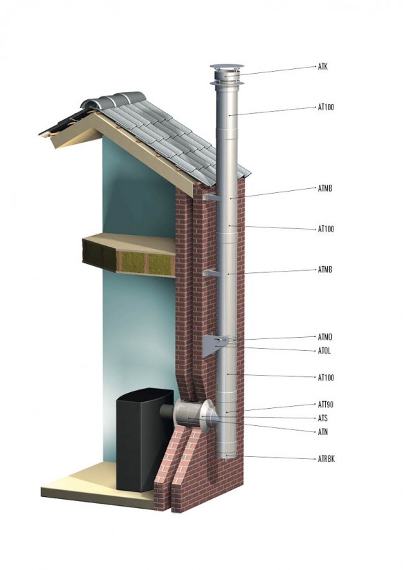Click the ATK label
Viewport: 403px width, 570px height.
click(x=322, y=67)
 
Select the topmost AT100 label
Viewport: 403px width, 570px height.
click(x=326, y=108)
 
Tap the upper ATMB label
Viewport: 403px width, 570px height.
click(x=325, y=188)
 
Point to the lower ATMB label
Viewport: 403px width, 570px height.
click(x=325, y=269)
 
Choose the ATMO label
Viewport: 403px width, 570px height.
click(x=325, y=337)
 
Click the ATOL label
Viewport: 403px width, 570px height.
click(x=324, y=351)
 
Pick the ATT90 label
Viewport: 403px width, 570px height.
click(x=326, y=404)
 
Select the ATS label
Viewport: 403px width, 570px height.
click(x=322, y=418)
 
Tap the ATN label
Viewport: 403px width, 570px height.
click(x=322, y=432)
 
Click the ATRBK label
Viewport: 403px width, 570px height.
click(x=326, y=459)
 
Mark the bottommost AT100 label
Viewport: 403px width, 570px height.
click(x=326, y=377)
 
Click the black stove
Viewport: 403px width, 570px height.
click(x=143, y=440)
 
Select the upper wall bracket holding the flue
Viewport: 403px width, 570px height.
click(x=211, y=197)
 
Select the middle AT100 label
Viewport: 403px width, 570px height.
click(x=326, y=229)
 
